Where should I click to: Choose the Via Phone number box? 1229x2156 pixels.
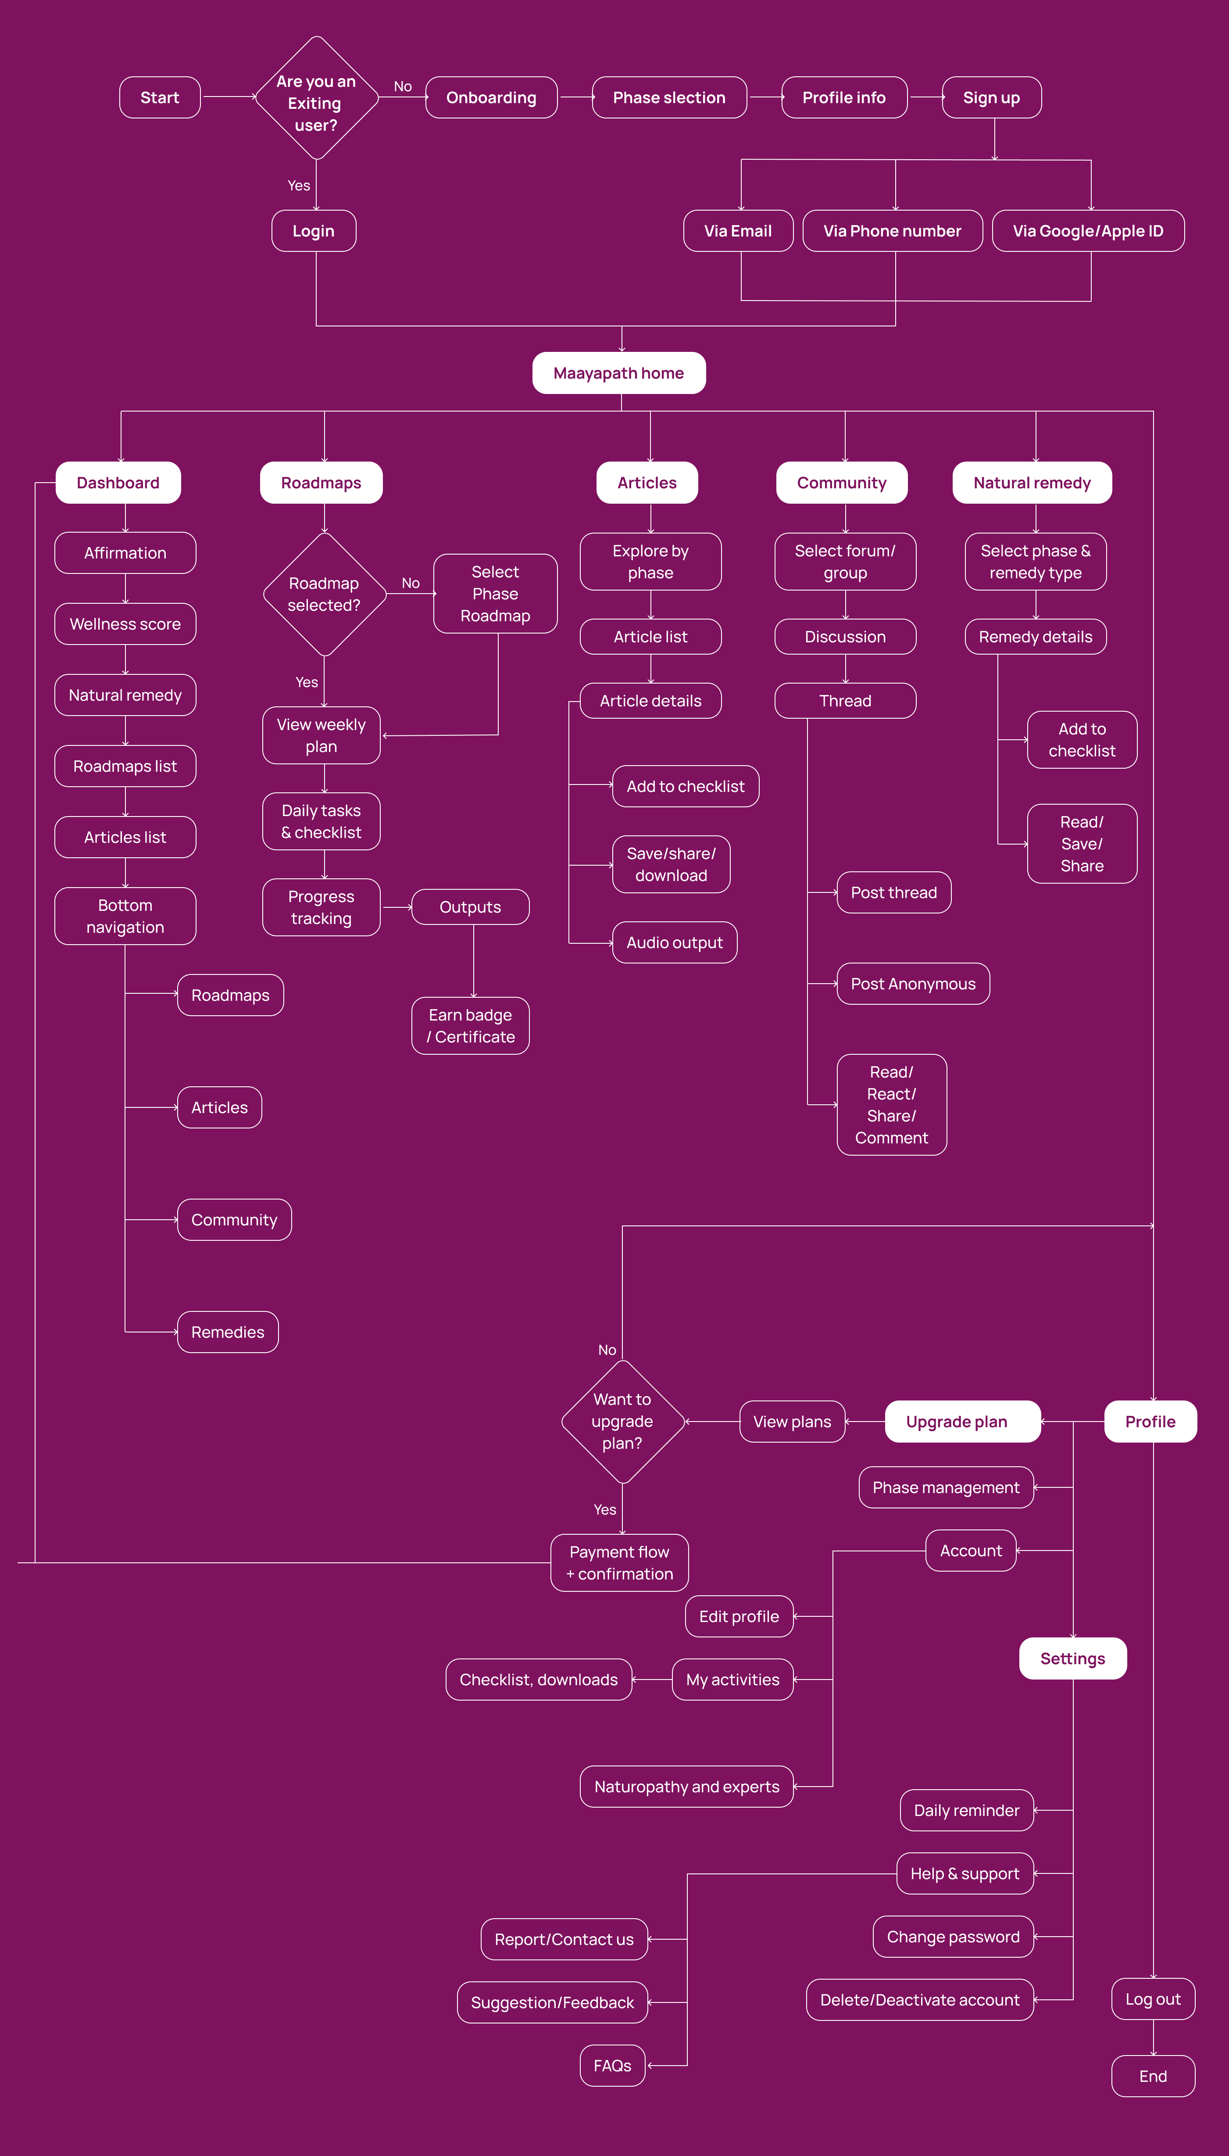click(x=892, y=230)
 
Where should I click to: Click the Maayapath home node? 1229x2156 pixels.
click(x=619, y=373)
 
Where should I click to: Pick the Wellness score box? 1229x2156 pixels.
click(x=125, y=624)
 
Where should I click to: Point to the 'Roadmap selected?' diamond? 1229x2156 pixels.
click(x=324, y=595)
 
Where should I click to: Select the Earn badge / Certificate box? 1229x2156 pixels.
click(x=470, y=1026)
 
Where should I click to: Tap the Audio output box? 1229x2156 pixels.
click(x=675, y=942)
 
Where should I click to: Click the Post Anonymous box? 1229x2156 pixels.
click(x=913, y=984)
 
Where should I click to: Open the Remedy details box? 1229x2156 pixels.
click(x=1036, y=637)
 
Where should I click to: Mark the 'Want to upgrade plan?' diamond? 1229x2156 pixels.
click(x=622, y=1422)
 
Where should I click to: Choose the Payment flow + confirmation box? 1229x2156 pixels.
click(x=620, y=1562)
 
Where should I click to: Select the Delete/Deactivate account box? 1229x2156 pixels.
click(x=920, y=2000)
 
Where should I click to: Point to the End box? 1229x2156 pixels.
click(x=1153, y=2076)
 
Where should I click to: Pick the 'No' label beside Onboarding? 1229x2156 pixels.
click(x=403, y=86)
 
